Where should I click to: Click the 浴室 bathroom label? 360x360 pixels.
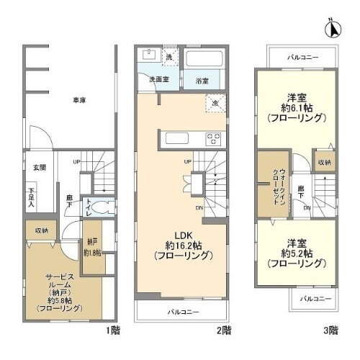click(x=202, y=81)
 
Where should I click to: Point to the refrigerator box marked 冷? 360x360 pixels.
click(x=214, y=102)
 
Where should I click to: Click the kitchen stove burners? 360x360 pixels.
click(x=214, y=138)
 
